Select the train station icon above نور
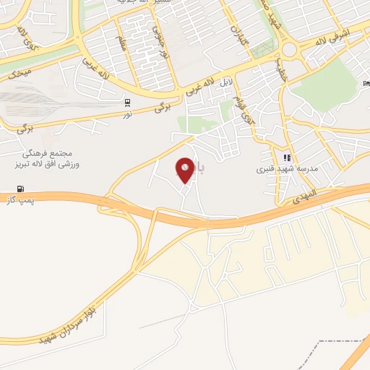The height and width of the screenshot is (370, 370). click(128, 102)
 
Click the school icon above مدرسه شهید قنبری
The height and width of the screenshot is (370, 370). click(287, 158)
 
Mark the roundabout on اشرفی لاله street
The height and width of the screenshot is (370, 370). click(292, 50)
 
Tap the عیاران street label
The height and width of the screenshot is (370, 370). click(238, 32)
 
